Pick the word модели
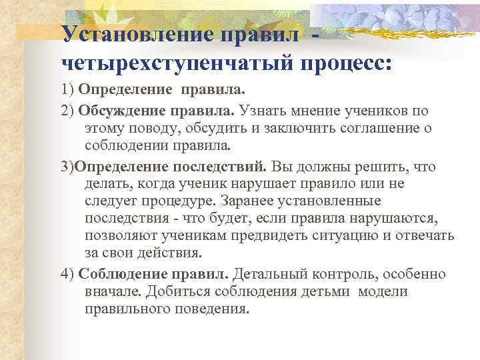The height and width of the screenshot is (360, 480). (385, 292)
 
